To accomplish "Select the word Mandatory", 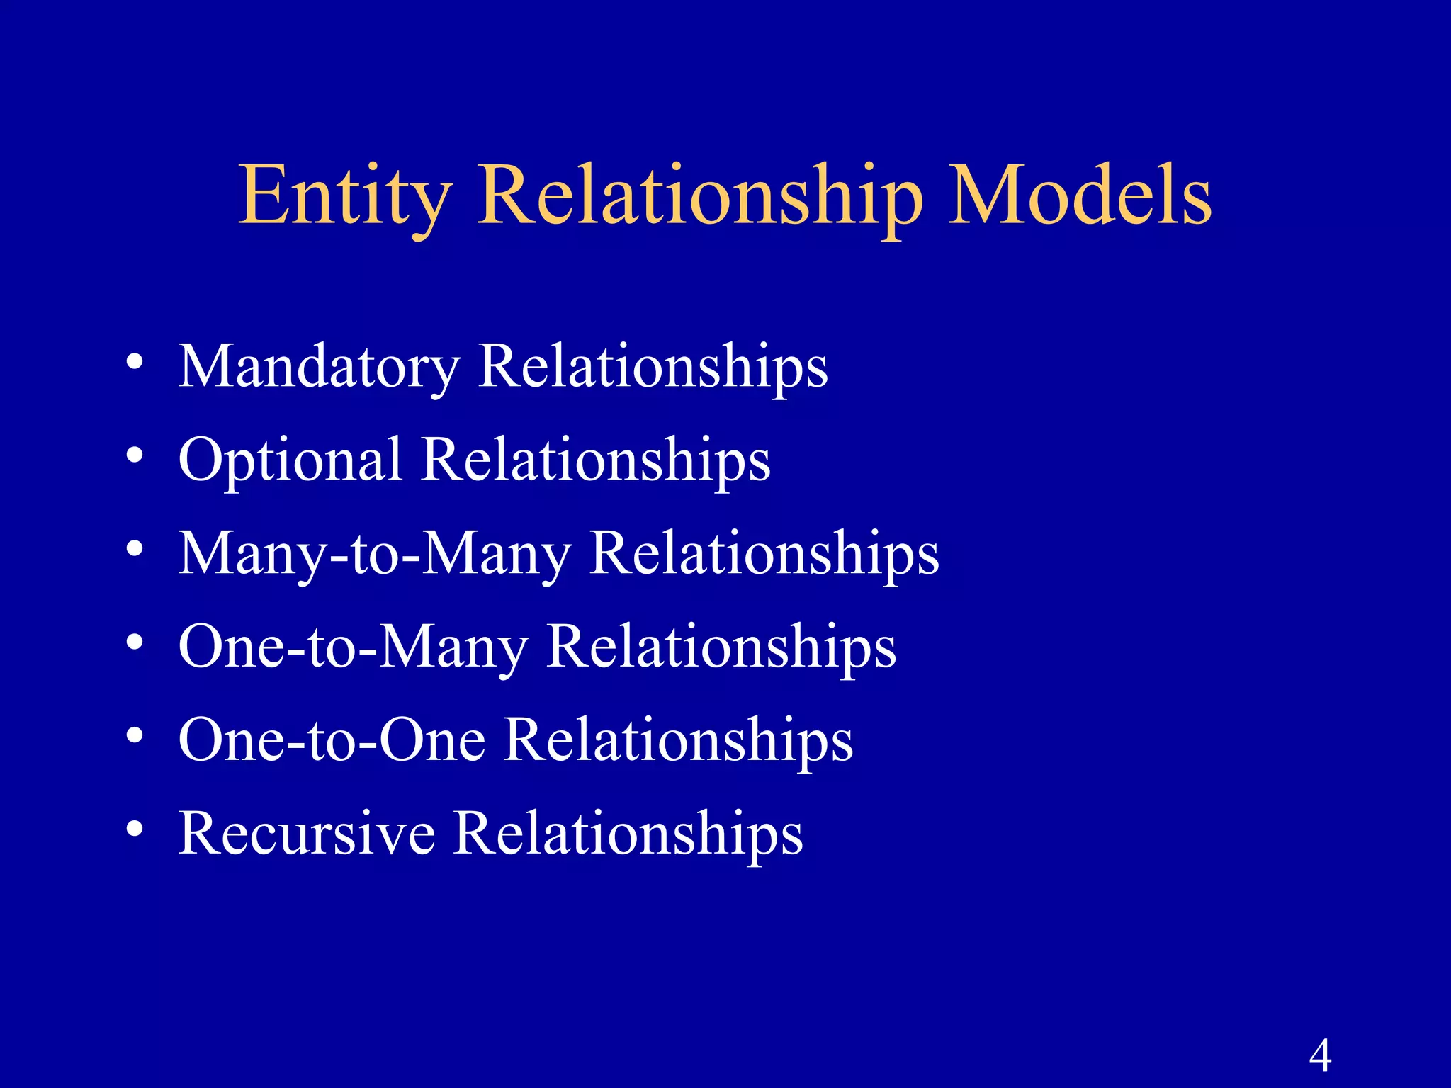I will pos(319,367).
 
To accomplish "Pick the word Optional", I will pos(290,460).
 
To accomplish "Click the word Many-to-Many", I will pos(375,554).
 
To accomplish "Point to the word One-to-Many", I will pos(354,647).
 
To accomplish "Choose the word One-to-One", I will pos(332,740).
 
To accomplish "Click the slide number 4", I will pos(1319,1055).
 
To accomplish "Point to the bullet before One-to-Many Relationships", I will pos(135,642).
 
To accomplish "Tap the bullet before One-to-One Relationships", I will pos(135,736).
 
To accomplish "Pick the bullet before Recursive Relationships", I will pos(135,829).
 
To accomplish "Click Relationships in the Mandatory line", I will pos(653,367).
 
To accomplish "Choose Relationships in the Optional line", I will pos(596,460).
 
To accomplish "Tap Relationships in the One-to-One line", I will pos(679,740).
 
